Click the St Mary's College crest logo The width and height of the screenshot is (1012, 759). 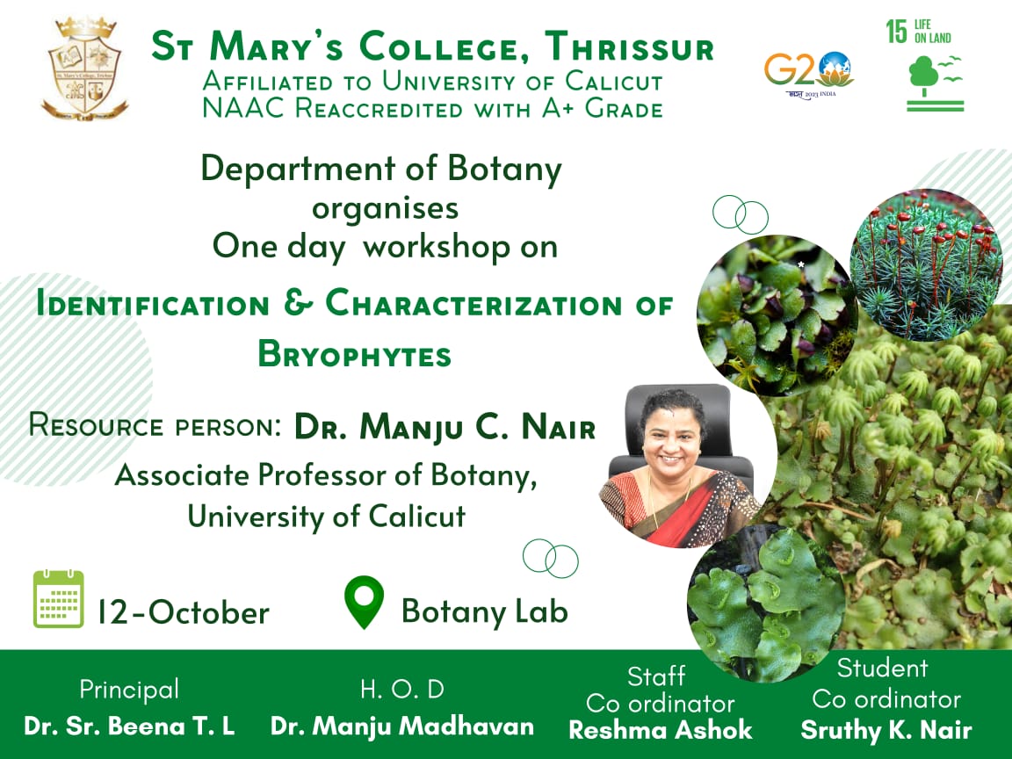(x=84, y=69)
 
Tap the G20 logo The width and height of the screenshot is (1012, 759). (x=808, y=74)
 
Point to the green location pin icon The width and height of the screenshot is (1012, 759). (x=364, y=602)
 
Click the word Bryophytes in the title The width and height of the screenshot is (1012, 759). (x=354, y=354)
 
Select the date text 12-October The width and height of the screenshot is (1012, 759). (x=184, y=612)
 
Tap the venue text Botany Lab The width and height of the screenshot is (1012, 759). (x=485, y=611)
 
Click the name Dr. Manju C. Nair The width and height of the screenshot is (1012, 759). (x=445, y=427)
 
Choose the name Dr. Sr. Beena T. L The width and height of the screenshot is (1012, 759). (x=129, y=726)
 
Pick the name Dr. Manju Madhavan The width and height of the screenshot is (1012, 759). (x=402, y=726)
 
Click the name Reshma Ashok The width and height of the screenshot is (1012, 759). (x=661, y=730)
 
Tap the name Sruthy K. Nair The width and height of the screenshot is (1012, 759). (x=886, y=730)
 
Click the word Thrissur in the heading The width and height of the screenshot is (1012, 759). (x=629, y=47)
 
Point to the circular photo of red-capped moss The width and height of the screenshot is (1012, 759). (x=926, y=264)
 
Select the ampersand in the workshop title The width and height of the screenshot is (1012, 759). (x=298, y=303)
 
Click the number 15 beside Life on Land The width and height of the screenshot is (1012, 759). (x=896, y=31)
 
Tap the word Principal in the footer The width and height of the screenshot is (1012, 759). (x=129, y=690)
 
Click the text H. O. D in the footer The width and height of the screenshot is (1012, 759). (x=402, y=690)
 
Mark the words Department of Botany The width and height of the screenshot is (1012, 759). (x=381, y=169)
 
